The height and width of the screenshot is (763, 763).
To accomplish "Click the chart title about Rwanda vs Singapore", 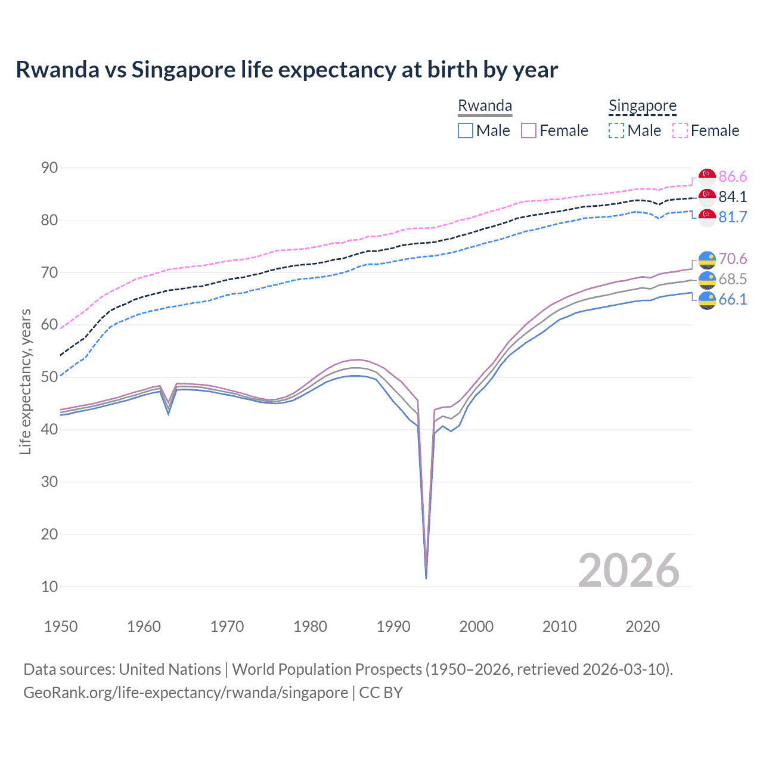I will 287,70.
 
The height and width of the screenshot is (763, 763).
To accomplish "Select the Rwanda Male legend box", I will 466,131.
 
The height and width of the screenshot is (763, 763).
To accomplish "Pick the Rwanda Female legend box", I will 529,131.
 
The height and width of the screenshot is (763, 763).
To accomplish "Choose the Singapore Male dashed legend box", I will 616,131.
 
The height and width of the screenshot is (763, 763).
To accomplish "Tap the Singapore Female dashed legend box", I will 680,131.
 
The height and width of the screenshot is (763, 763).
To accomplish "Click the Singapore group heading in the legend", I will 642,106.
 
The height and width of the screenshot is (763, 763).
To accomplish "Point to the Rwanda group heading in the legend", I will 485,106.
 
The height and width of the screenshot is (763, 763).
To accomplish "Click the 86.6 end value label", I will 733,176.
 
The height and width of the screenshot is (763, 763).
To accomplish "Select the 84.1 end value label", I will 733,197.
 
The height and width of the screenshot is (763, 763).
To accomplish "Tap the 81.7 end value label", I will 733,217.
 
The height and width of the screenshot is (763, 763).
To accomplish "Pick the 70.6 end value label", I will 733,259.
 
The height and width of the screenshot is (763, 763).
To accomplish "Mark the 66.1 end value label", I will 733,299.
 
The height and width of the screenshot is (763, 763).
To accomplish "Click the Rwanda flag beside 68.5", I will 707,280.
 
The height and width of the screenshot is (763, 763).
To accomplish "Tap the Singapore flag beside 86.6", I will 707,177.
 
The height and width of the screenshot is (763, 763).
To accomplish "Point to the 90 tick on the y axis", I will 50,168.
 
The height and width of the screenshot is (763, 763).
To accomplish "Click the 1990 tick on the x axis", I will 393,626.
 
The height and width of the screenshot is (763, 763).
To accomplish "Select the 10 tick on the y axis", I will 50,587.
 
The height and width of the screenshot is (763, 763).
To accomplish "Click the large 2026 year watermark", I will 629,570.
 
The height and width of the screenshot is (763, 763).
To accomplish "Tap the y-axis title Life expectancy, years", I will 26,381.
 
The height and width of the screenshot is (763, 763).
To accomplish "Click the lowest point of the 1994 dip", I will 426,578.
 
